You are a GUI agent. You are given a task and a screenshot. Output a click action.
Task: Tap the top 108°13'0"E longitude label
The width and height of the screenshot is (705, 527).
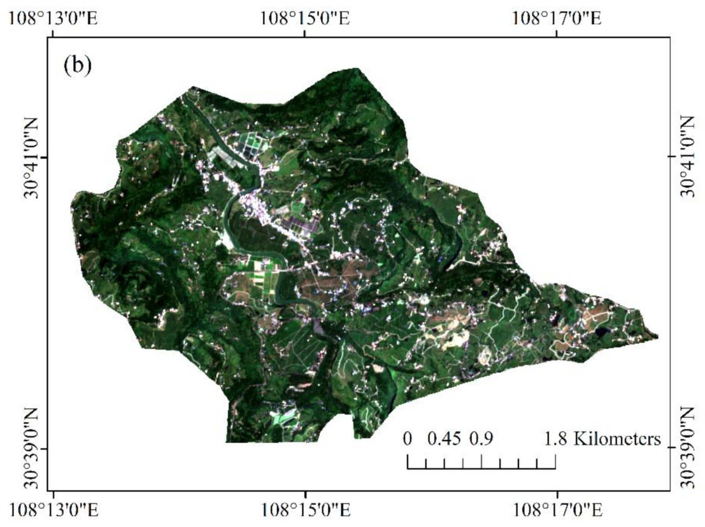[53, 19]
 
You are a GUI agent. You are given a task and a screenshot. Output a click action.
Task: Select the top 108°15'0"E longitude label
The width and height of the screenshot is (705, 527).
[305, 19]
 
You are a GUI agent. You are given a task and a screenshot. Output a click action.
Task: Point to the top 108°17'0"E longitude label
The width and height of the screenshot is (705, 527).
[557, 19]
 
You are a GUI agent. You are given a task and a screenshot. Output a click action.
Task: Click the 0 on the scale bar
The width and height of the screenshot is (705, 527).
[408, 439]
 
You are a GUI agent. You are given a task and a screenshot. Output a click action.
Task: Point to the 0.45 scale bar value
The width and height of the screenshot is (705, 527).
[444, 439]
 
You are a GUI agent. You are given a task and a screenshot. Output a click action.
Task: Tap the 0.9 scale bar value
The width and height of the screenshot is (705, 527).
[481, 439]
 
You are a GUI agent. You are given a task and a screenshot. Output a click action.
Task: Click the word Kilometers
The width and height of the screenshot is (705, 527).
[617, 439]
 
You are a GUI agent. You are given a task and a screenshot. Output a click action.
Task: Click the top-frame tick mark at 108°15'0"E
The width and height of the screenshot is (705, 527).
[305, 34]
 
